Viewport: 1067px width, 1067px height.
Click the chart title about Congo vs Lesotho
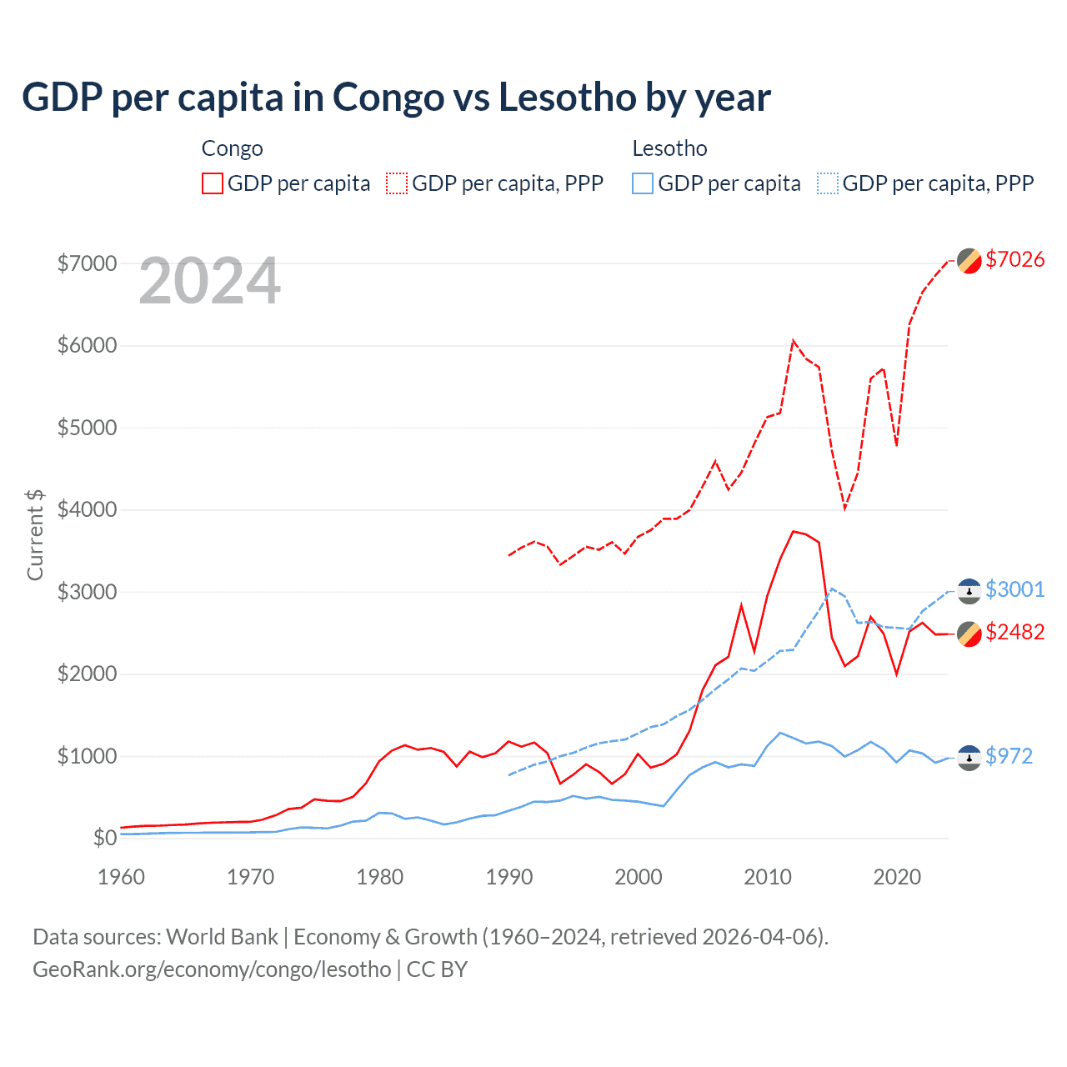(x=396, y=98)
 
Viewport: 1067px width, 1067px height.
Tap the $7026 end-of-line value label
(x=1014, y=259)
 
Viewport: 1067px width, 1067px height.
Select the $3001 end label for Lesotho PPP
(x=1014, y=589)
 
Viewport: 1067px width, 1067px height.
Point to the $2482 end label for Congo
(x=1014, y=632)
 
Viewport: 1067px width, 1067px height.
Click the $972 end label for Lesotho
(x=1009, y=756)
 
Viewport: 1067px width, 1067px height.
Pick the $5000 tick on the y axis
(x=87, y=428)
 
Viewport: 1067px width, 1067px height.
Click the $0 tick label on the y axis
(x=104, y=838)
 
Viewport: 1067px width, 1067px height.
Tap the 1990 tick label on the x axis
(x=508, y=877)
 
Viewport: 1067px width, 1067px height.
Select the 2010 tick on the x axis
(x=767, y=877)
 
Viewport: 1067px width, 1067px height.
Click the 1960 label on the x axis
(x=122, y=877)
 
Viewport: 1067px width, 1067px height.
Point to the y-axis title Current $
(x=35, y=535)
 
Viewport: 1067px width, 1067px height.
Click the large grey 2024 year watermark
(x=210, y=282)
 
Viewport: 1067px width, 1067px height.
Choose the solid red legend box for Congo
(x=213, y=183)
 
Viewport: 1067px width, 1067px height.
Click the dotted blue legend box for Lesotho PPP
(x=828, y=183)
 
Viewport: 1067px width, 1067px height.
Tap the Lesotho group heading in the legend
(x=669, y=148)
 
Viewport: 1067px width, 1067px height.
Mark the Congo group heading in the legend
(x=232, y=148)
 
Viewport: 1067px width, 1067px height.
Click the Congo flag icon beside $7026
(x=969, y=261)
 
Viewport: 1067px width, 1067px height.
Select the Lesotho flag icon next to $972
(x=969, y=757)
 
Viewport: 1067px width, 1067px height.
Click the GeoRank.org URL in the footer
(x=212, y=969)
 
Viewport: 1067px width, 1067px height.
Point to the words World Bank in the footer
(x=222, y=937)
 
